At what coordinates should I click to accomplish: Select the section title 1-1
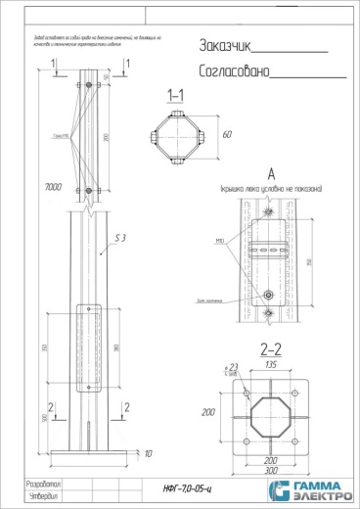177,96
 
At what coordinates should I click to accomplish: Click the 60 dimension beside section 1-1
227,136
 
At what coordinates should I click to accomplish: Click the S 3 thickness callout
121,239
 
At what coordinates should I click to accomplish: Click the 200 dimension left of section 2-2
209,414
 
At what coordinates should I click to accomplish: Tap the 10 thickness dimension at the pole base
148,455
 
